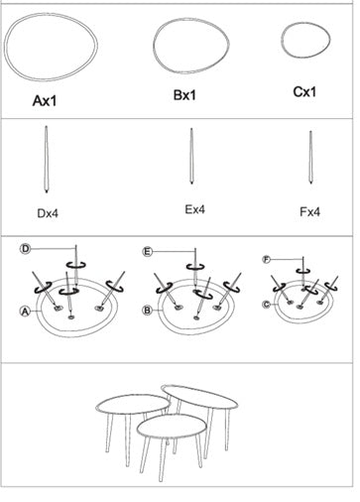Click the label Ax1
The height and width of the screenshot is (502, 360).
(45, 100)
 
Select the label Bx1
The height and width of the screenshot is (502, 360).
(184, 95)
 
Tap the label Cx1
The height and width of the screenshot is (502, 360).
(304, 91)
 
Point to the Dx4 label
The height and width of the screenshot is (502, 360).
(48, 213)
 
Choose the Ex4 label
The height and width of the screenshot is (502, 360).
(194, 209)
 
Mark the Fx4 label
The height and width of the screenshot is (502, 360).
(309, 211)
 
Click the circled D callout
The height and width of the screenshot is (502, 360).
(25, 249)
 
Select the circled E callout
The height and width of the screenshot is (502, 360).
(148, 252)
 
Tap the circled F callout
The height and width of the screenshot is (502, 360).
(267, 259)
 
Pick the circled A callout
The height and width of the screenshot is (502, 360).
(25, 312)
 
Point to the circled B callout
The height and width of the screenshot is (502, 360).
(147, 311)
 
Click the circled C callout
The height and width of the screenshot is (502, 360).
(267, 304)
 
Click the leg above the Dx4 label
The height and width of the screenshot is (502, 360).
(47, 159)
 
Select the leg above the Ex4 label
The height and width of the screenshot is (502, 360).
(191, 156)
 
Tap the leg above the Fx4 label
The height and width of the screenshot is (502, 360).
(310, 158)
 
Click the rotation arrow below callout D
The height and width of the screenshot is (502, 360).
(76, 264)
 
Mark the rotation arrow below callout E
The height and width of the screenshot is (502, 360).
(195, 266)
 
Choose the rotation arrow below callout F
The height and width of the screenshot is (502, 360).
(303, 271)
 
